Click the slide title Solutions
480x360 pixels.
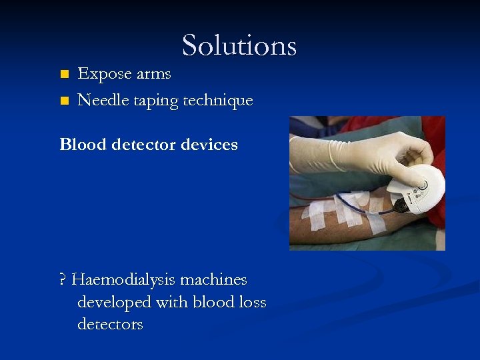239,45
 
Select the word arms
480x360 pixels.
153,75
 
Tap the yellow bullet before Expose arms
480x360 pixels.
64,73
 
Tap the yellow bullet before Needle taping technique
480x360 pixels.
64,101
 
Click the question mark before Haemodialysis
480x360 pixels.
63,279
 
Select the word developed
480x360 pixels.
114,302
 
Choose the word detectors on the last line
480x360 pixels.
110,325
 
